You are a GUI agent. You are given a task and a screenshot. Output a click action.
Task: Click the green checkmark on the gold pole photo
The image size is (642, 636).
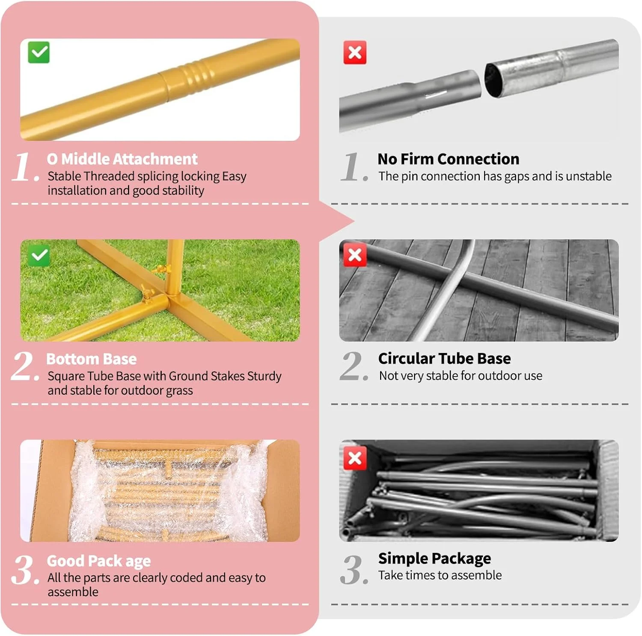tap(39, 52)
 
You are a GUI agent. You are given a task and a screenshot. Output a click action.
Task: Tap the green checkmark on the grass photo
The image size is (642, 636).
tap(39, 256)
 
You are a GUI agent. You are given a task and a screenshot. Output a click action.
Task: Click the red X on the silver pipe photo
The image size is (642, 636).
tap(355, 53)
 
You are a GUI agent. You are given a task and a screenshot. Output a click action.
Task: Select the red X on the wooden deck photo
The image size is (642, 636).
tap(355, 255)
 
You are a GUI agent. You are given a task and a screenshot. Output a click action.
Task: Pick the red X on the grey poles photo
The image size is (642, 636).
tap(355, 458)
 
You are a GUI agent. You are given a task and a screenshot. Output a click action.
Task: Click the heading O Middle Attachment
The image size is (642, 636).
tap(122, 159)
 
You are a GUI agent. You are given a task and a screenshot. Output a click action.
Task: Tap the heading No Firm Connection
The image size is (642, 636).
tap(449, 159)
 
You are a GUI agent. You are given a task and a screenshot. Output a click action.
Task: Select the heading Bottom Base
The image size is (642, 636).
tap(92, 359)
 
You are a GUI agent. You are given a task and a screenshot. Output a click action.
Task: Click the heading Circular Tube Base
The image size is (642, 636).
tap(445, 359)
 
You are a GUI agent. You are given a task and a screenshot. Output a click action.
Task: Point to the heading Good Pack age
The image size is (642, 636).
tap(99, 561)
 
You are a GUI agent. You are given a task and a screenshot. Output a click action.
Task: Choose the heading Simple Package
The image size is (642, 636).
tap(435, 559)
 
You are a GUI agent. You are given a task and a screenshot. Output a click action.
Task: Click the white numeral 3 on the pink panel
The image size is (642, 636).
tap(24, 570)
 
